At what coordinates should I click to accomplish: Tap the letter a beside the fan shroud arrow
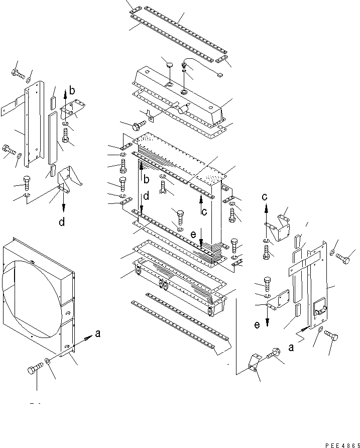point(97,332)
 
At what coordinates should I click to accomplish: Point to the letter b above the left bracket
point(72,91)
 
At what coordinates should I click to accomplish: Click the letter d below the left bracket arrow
point(62,222)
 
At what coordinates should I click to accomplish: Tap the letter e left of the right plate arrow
point(257,325)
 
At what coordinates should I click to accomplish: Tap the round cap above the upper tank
point(170,65)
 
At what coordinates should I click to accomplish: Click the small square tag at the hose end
point(219,75)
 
